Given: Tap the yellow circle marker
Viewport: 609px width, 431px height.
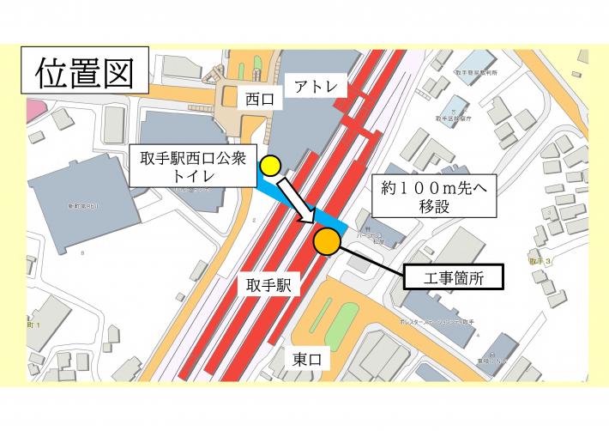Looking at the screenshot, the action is click(x=271, y=165).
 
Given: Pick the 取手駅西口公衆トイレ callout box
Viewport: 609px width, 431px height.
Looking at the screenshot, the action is click(x=193, y=166).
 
